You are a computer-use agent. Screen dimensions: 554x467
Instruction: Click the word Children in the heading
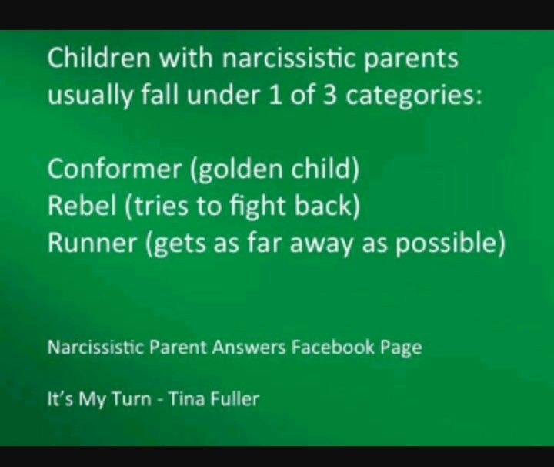98,57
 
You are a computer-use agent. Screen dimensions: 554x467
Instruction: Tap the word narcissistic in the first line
289,57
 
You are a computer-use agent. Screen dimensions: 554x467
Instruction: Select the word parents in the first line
411,60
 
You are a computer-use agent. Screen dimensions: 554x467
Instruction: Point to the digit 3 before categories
329,96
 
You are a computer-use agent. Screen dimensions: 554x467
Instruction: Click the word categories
413,97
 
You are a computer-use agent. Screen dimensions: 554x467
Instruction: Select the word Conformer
114,169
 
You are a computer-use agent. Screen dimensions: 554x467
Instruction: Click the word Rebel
82,206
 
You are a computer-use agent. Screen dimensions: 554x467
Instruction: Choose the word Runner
92,243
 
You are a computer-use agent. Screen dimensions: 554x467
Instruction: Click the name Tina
187,399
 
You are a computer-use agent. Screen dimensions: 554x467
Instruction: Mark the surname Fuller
235,399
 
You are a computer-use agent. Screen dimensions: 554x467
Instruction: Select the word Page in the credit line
401,348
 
